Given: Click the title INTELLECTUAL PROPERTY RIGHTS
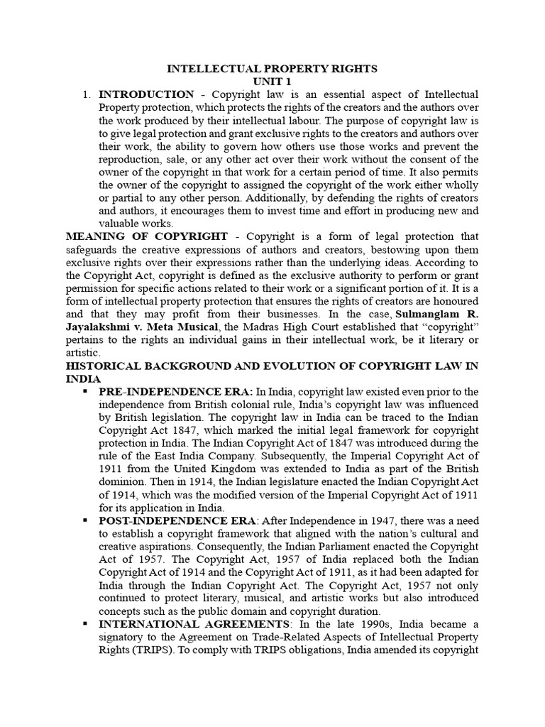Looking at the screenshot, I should [x=272, y=69].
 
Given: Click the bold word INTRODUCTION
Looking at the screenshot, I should [x=146, y=94].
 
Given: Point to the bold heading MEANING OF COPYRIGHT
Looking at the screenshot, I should [x=147, y=236].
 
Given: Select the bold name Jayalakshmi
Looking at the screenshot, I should [x=99, y=327].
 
